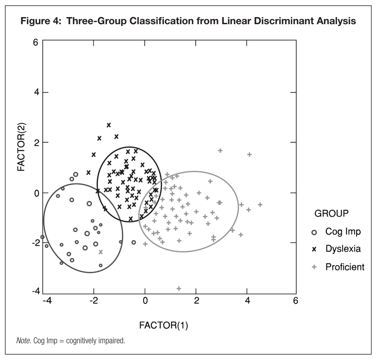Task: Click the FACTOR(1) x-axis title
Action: (163, 325)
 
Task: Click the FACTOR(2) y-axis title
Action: (21, 147)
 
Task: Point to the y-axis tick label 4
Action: (36, 92)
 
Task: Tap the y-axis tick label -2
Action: (35, 243)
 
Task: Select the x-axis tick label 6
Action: (295, 301)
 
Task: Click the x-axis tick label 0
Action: (145, 301)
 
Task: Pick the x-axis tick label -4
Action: (47, 301)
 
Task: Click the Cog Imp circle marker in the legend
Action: (314, 232)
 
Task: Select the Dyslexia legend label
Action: (343, 249)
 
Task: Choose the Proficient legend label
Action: (345, 267)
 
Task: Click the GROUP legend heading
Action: (331, 213)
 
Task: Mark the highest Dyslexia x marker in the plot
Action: (109, 125)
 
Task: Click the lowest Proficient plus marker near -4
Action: (179, 288)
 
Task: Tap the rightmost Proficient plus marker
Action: (260, 205)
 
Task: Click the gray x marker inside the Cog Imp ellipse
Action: (101, 252)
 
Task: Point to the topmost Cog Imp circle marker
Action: (75, 174)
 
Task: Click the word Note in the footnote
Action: (23, 341)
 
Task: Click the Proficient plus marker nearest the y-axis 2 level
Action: (220, 150)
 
